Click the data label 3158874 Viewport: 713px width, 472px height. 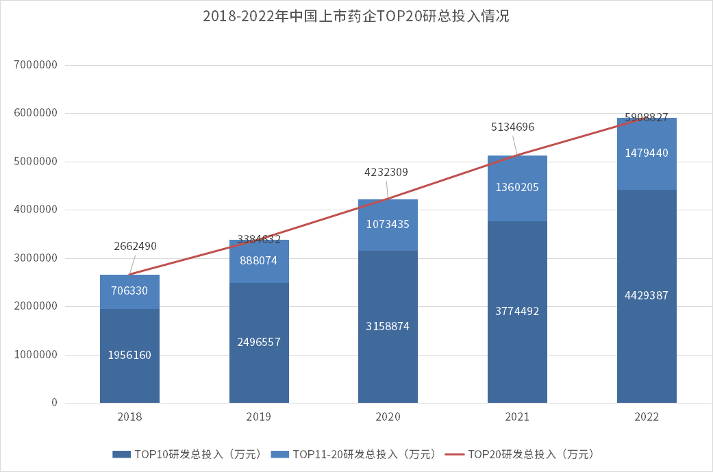point(388,326)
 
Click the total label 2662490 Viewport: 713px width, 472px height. point(135,246)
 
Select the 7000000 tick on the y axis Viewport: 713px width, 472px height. point(34,65)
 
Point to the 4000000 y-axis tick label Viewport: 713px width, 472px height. point(34,210)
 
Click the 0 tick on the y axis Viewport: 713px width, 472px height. point(54,403)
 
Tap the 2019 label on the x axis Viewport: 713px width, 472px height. point(258,417)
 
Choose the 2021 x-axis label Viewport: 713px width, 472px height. point(517,417)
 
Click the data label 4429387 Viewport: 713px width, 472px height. point(647,295)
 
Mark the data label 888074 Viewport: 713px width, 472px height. point(258,260)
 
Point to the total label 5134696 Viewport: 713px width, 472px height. point(512,127)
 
